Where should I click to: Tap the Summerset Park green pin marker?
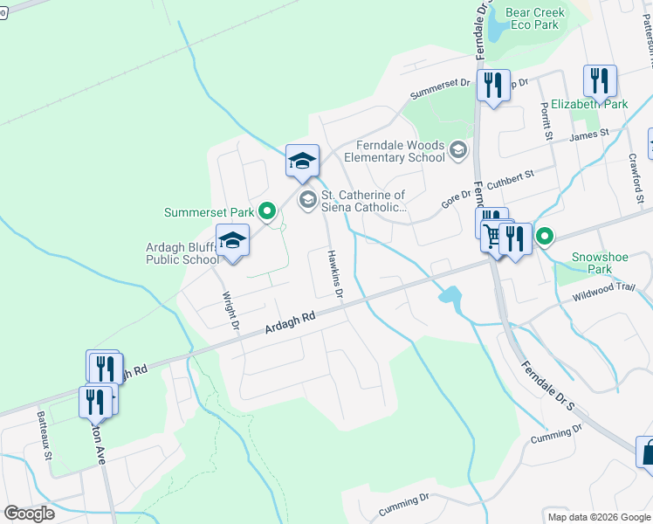(269, 211)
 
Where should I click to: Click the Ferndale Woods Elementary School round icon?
(457, 152)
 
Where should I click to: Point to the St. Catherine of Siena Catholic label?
(362, 202)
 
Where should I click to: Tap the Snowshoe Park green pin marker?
(545, 236)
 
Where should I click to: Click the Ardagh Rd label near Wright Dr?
(290, 323)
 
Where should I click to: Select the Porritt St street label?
(546, 121)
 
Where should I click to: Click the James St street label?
(588, 135)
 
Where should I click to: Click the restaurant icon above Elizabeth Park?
(600, 82)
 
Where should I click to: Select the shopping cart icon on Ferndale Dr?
(494, 237)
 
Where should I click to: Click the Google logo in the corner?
(29, 514)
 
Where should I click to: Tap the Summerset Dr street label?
(440, 89)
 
